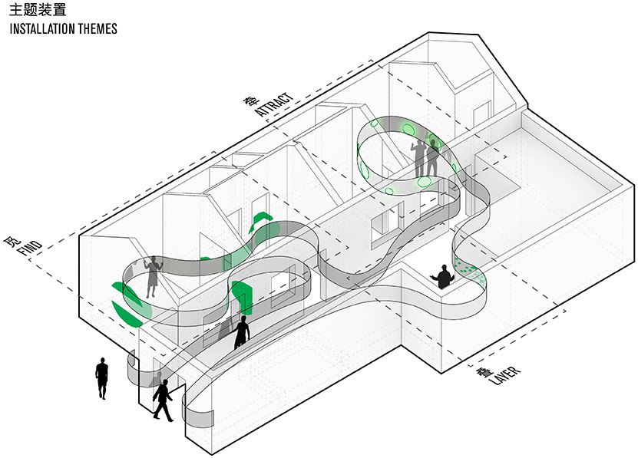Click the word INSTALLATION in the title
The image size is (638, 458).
point(42,29)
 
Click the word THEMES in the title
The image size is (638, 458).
point(98,29)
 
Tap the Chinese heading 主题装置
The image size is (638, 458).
point(38,9)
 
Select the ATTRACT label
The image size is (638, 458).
point(274,104)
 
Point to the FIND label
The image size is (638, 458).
point(31,248)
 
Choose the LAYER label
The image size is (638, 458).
point(504,376)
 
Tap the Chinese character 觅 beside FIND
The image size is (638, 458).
point(11,241)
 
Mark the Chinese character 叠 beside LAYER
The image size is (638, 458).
point(484,373)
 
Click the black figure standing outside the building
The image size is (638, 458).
point(101,378)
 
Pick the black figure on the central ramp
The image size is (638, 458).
point(242,332)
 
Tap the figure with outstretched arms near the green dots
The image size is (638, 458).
point(443,277)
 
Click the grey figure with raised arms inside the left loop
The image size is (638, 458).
point(153,277)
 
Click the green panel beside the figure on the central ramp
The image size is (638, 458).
point(243,298)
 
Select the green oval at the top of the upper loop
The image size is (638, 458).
point(408,130)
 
